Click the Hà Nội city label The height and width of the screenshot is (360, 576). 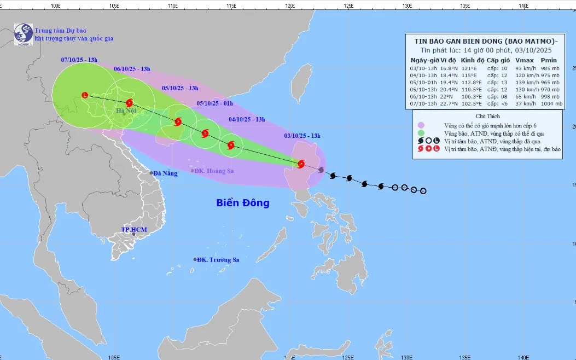(126, 111)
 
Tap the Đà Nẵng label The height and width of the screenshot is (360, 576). (165, 173)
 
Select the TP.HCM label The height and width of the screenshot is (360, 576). (134, 230)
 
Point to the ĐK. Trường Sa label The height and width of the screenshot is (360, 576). (219, 260)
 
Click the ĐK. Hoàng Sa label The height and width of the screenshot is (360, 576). (214, 171)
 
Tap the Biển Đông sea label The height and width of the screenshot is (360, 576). (243, 203)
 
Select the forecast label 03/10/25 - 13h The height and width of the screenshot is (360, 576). (302, 136)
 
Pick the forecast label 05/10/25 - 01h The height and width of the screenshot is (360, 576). (214, 103)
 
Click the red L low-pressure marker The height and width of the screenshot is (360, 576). (84, 95)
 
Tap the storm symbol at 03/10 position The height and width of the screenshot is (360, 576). (301, 164)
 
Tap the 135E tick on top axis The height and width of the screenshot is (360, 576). (465, 5)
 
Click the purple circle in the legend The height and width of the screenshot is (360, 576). (421, 125)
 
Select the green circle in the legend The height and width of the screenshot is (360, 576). (421, 133)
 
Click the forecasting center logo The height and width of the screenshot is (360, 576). (24, 33)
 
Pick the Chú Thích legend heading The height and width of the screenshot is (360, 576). (487, 117)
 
